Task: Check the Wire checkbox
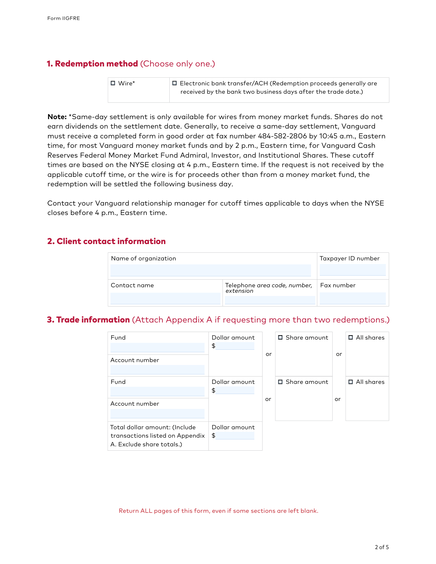click(x=113, y=83)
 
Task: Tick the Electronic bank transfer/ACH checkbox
click(x=174, y=83)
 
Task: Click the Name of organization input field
click(x=210, y=270)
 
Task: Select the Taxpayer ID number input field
click(x=352, y=270)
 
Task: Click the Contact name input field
click(x=165, y=298)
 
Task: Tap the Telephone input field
click(x=270, y=300)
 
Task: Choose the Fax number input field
click(x=352, y=298)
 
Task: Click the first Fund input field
click(x=157, y=348)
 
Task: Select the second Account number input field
click(x=157, y=413)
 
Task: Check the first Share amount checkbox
click(x=280, y=337)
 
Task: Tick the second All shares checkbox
click(x=351, y=382)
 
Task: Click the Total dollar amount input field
click(x=235, y=435)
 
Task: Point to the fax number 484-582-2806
click(x=282, y=136)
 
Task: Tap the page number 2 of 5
click(x=381, y=547)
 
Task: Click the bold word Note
click(x=57, y=117)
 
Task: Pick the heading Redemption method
click(x=92, y=64)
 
